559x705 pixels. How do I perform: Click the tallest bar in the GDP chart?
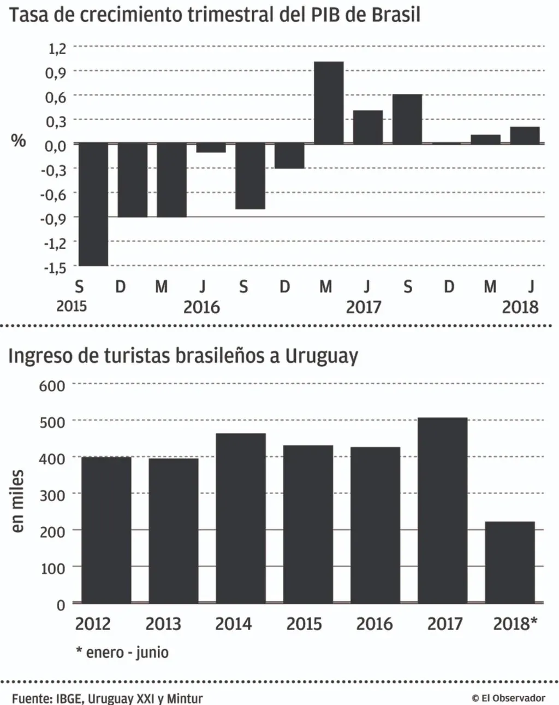[x=329, y=102]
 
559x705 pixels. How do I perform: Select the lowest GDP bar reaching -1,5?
[x=93, y=204]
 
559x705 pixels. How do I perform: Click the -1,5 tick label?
[x=55, y=267]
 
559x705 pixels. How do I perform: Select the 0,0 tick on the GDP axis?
[x=56, y=145]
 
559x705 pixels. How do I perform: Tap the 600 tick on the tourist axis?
[x=52, y=386]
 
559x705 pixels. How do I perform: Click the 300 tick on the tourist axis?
[x=52, y=495]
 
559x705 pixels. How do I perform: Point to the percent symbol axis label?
[x=19, y=140]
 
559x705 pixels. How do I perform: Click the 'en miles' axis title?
[x=17, y=501]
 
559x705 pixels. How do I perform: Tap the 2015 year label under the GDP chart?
[x=72, y=306]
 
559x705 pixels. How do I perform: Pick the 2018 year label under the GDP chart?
[x=520, y=307]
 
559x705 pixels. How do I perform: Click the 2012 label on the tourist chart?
[x=93, y=624]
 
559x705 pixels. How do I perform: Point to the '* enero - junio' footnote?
[x=122, y=652]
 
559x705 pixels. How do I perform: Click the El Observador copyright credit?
[x=508, y=698]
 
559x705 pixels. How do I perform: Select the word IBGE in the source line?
[x=69, y=698]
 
